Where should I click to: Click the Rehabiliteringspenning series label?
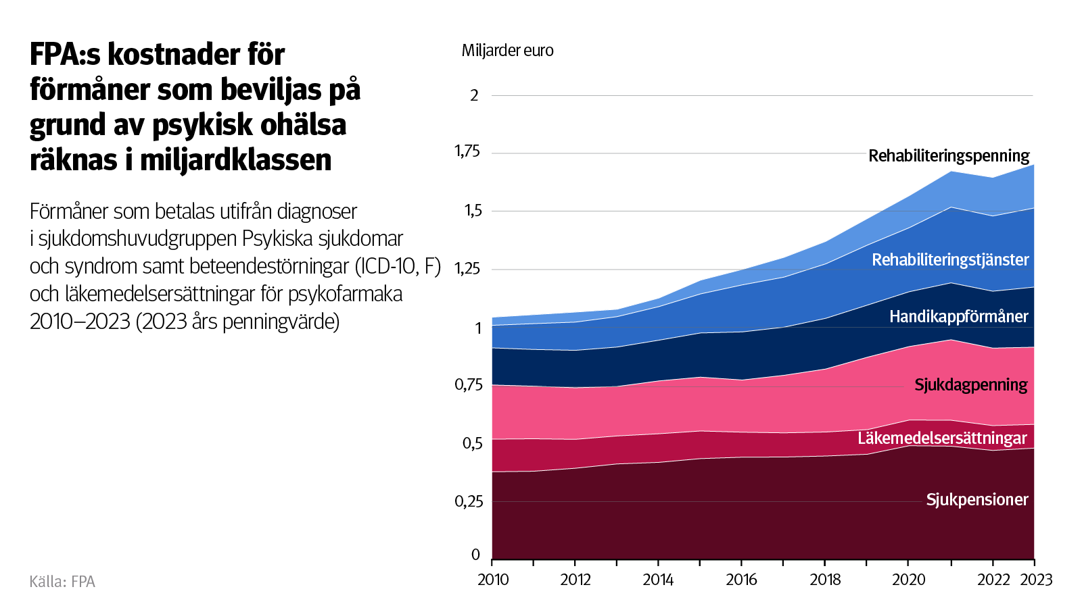pos(948,156)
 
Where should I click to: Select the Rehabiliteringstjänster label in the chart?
pos(949,260)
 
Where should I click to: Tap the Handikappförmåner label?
pos(958,317)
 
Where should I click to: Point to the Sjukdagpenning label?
pos(970,385)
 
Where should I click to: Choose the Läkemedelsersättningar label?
pos(941,438)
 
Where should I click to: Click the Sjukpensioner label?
pos(977,500)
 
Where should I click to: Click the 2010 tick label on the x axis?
pos(493,580)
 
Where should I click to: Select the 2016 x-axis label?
pos(741,580)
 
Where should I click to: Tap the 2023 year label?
pos(1036,580)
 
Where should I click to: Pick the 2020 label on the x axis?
pos(908,580)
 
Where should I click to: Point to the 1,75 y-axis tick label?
pos(467,151)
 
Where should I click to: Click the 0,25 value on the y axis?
pos(469,501)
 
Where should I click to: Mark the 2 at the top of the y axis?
pos(474,96)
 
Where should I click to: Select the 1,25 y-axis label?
pos(467,269)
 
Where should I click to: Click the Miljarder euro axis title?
pos(507,51)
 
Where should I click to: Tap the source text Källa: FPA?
pos(62,582)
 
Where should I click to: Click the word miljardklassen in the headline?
pos(236,160)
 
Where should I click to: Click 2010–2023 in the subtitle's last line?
pos(80,322)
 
